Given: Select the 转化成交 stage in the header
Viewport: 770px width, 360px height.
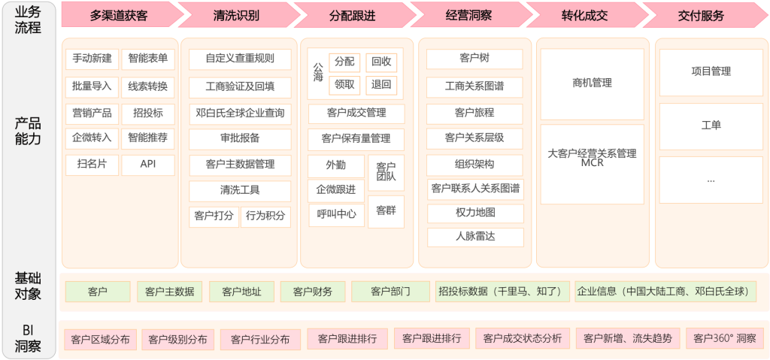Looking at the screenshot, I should tap(584, 15).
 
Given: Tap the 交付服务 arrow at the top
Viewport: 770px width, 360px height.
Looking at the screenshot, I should tap(701, 15).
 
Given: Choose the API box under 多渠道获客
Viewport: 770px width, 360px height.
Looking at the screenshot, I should tap(147, 165).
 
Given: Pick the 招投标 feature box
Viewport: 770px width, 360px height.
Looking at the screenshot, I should tap(147, 113).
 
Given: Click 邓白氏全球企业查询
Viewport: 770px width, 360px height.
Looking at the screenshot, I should tap(240, 113).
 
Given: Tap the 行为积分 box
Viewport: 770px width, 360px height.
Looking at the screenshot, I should tap(265, 216).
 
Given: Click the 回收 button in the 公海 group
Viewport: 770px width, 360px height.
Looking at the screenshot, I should tap(381, 62).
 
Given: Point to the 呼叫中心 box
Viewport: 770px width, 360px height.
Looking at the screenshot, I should tap(336, 214).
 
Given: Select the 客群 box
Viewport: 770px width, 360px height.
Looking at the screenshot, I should tap(386, 211).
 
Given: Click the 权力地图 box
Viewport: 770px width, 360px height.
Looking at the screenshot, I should tap(475, 213).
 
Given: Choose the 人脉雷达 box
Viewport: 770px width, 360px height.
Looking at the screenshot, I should tap(475, 237).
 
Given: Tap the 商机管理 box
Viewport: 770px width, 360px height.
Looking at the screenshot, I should tap(592, 83).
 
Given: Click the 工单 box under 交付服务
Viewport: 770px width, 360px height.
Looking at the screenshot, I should tap(711, 126).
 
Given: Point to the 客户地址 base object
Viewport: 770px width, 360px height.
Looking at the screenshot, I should tap(241, 292).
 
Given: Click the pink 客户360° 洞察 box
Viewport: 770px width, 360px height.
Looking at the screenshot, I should tap(724, 339).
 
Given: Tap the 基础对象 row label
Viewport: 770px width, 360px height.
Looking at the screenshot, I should tap(28, 286).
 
